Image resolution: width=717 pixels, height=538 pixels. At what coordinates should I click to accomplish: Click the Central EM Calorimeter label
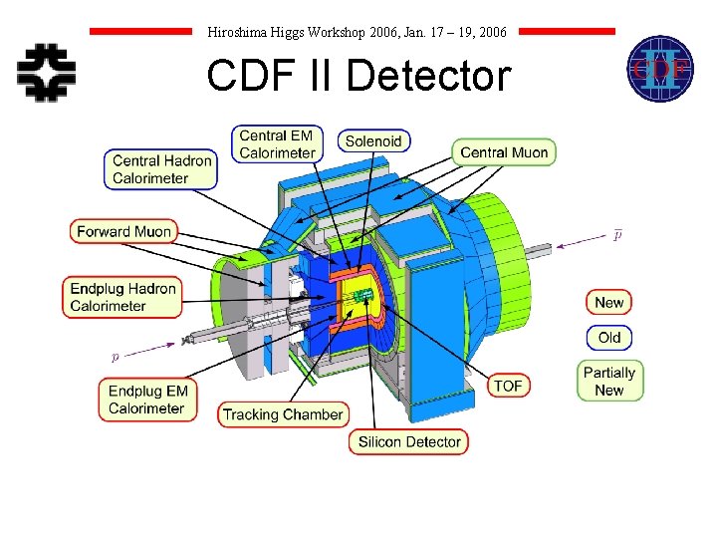(x=277, y=144)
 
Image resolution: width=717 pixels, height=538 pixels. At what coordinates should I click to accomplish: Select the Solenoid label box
(x=373, y=141)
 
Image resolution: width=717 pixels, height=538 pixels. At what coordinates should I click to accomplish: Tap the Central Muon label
(x=505, y=152)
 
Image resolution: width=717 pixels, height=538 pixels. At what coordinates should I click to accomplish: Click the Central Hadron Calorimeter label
(x=161, y=169)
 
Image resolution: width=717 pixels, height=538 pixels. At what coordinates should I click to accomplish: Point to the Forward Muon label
(x=124, y=231)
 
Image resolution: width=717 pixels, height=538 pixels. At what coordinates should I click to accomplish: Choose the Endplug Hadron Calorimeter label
(x=122, y=297)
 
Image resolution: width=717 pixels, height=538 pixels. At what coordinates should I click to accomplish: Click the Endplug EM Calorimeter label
(x=147, y=400)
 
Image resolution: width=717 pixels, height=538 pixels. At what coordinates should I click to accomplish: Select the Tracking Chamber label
(x=283, y=414)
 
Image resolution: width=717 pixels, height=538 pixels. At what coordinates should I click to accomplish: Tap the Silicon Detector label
(x=407, y=441)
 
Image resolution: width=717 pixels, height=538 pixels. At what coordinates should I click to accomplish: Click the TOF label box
(x=508, y=386)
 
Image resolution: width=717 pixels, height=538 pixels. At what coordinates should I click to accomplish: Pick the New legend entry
(x=608, y=303)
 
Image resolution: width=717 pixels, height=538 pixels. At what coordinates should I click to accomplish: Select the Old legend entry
(x=608, y=338)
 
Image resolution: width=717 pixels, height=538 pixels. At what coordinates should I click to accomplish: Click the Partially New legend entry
(x=609, y=381)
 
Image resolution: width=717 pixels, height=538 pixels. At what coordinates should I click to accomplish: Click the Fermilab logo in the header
(x=47, y=71)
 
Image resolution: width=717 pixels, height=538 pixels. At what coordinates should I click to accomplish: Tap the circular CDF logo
(x=659, y=69)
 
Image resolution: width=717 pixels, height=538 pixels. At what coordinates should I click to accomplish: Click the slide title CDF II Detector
(x=358, y=76)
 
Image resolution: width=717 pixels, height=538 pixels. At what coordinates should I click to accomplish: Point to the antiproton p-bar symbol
(x=618, y=235)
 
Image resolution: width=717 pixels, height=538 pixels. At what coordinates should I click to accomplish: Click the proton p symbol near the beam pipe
(x=115, y=356)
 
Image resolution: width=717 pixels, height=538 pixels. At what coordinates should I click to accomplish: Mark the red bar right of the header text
(x=568, y=32)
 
